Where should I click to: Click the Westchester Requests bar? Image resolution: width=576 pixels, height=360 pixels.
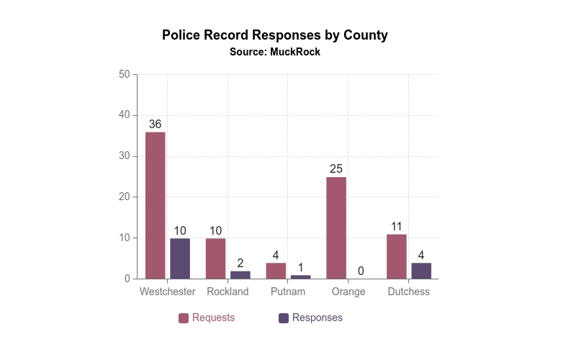[x=156, y=205]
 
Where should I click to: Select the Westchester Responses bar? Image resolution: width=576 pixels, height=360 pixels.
[x=180, y=258]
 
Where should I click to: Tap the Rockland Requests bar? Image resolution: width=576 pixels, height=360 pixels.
[x=215, y=258]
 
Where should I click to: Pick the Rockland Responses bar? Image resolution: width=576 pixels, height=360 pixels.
[x=240, y=274]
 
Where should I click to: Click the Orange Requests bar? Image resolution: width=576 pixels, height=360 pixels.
[x=336, y=228]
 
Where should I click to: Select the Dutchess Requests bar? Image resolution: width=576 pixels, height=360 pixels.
[x=397, y=256]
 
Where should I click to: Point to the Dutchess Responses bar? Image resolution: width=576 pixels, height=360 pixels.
[x=421, y=271]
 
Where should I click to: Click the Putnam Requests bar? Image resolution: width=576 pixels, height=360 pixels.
[x=276, y=271]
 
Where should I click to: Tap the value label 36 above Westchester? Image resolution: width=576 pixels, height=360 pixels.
[x=156, y=124]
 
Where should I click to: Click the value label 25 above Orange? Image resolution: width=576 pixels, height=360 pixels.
[x=336, y=169]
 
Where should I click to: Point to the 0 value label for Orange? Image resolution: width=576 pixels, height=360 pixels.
[x=361, y=271]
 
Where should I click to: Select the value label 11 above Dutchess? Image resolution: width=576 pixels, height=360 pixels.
[x=397, y=226]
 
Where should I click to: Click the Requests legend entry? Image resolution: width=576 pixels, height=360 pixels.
[x=207, y=318]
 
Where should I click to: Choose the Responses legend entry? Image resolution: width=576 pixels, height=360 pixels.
[x=310, y=318]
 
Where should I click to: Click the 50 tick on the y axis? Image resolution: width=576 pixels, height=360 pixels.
[x=124, y=74]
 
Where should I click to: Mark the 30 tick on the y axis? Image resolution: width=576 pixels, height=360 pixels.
[x=124, y=156]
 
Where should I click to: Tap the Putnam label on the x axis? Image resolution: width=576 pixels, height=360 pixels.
[x=288, y=292]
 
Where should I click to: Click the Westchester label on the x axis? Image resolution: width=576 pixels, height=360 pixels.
[x=168, y=292]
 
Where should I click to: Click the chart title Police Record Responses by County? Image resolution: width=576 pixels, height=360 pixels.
[x=275, y=35]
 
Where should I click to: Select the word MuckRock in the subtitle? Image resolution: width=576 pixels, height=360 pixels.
[x=295, y=52]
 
